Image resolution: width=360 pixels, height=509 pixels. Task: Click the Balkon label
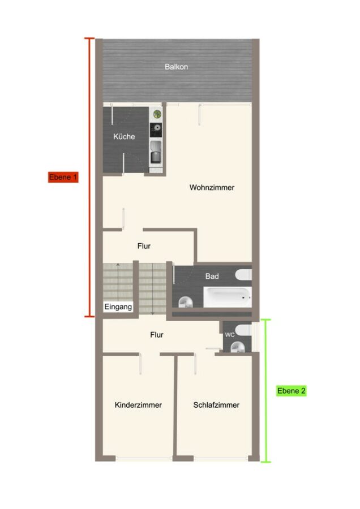pyautogui.click(x=176, y=67)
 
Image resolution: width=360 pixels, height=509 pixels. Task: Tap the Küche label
pyautogui.click(x=124, y=136)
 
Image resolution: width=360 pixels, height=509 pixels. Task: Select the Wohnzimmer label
pyautogui.click(x=212, y=187)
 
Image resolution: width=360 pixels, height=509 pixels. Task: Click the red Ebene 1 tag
pyautogui.click(x=63, y=177)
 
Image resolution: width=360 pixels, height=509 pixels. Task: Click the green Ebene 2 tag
pyautogui.click(x=292, y=390)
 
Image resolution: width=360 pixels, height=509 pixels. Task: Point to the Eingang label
pyautogui.click(x=118, y=307)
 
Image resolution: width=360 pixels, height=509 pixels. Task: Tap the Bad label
pyautogui.click(x=212, y=276)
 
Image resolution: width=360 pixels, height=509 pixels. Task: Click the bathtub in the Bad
pyautogui.click(x=228, y=297)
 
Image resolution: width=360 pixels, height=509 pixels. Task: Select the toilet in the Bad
pyautogui.click(x=243, y=275)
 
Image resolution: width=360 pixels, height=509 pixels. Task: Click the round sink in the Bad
pyautogui.click(x=186, y=301)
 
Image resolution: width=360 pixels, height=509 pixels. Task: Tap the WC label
pyautogui.click(x=230, y=335)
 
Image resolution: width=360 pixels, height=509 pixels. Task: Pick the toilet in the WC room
pyautogui.click(x=243, y=330)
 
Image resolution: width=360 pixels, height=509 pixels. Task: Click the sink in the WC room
pyautogui.click(x=238, y=347)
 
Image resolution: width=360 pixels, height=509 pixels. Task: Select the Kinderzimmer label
pyautogui.click(x=138, y=405)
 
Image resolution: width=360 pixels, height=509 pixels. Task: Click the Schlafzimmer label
pyautogui.click(x=216, y=405)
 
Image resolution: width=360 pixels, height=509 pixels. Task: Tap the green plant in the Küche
pyautogui.click(x=157, y=114)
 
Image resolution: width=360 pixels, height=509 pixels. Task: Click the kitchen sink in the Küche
pyautogui.click(x=156, y=152)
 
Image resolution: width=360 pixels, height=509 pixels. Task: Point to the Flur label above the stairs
pyautogui.click(x=144, y=246)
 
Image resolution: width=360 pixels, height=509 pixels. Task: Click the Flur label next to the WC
pyautogui.click(x=157, y=335)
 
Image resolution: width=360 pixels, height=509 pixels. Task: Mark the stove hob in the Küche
pyautogui.click(x=156, y=130)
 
